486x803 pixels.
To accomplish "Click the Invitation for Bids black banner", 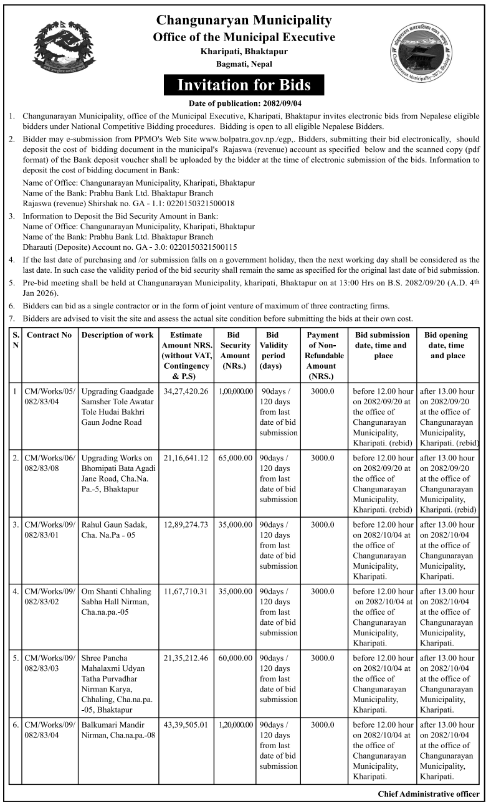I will pos(244,84).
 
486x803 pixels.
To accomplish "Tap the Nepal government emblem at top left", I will pos(65,47).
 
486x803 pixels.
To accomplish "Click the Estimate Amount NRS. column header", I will pos(186,356).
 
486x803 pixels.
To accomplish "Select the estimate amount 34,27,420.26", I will pos(186,391).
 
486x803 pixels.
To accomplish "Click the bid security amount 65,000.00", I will pos(236,458).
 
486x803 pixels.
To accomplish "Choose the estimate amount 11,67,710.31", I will pos(186,591).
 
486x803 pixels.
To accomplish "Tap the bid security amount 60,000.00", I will pos(236,658).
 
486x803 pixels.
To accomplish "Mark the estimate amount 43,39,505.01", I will pos(186,725).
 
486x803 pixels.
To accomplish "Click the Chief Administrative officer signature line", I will pos(429,794).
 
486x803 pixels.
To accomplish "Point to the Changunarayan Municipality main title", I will pos(244,21).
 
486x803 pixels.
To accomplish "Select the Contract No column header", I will pos(50,335).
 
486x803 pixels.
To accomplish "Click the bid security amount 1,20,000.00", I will pos(236,725).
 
